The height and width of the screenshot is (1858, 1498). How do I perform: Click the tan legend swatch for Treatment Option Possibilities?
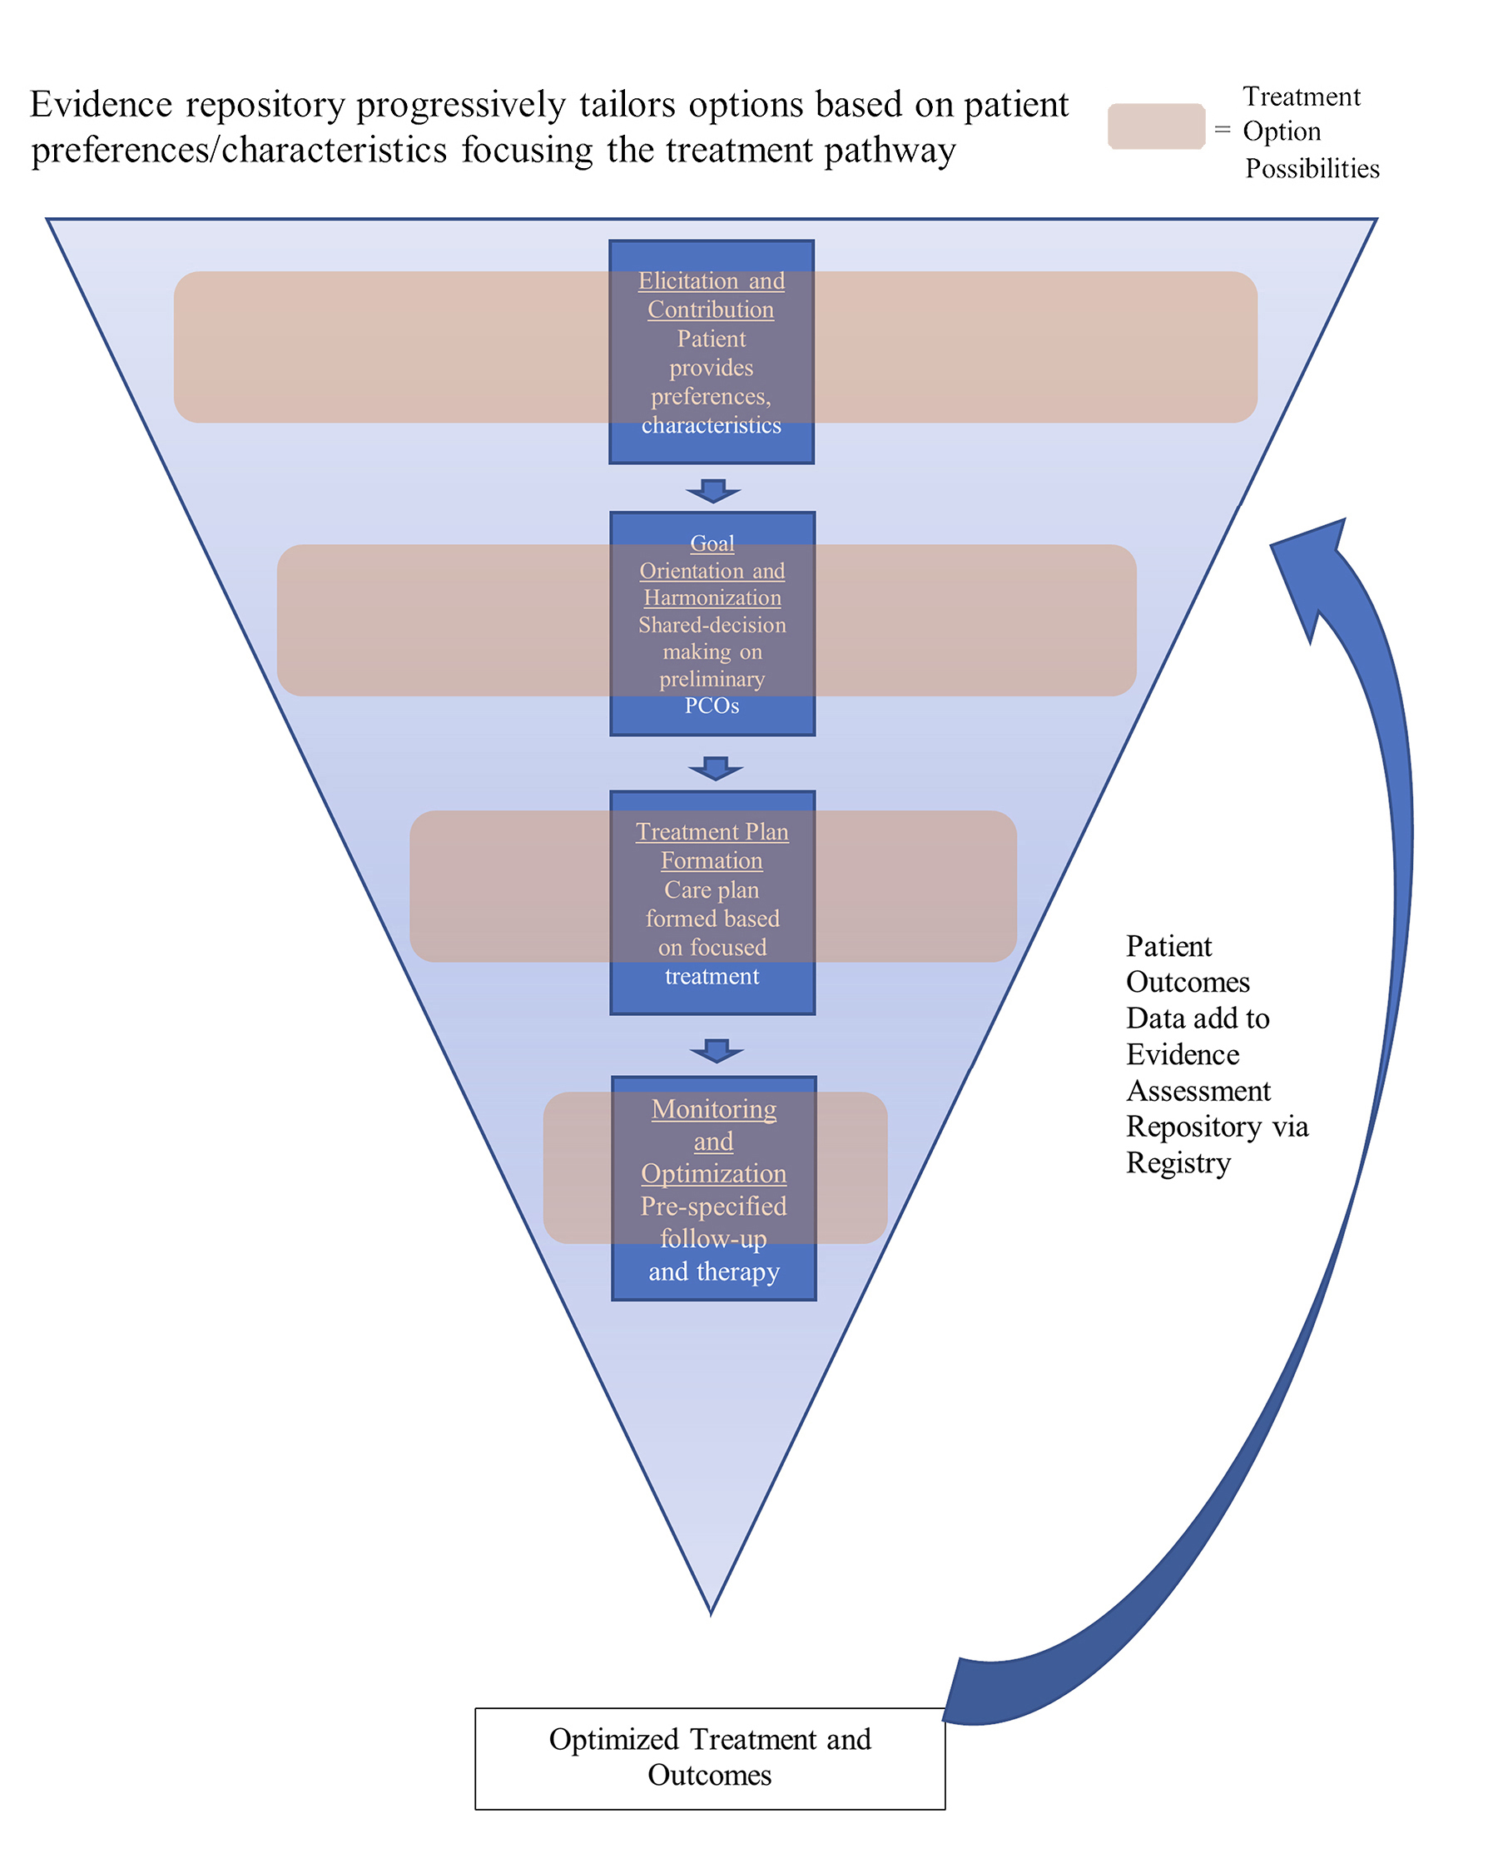coord(1155,126)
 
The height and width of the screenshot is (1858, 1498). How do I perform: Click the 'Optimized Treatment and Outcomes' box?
coord(709,1758)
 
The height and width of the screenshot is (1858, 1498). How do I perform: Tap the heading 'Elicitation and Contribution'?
coord(711,295)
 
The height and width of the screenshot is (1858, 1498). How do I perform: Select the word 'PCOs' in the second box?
coord(712,706)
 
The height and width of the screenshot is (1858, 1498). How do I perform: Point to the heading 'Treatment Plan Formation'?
coord(712,845)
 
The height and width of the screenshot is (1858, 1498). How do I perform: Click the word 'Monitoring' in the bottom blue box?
coord(713,1108)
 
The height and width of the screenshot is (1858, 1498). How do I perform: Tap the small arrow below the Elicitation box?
coord(712,490)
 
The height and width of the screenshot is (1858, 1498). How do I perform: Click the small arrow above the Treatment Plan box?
coord(716,768)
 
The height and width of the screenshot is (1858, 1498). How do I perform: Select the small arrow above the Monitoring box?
coord(717,1051)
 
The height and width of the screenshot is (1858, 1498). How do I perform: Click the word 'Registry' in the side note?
coord(1178,1162)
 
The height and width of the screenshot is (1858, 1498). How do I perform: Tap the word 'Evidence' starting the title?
coord(101,104)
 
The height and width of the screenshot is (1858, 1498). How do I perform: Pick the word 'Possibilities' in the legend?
coord(1312,168)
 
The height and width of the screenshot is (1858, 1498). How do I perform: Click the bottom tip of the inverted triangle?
coord(710,1612)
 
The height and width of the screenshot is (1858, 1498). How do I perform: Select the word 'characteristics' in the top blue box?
coord(711,425)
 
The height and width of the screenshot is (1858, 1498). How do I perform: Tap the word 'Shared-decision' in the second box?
coord(712,625)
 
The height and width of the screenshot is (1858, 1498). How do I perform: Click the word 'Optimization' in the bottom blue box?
coord(713,1173)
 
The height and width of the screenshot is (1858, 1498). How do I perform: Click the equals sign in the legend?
coord(1222,130)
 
